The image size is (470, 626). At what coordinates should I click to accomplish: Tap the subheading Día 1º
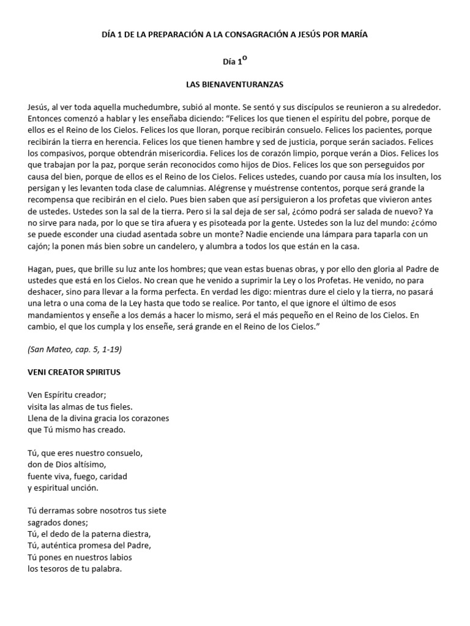tap(234, 61)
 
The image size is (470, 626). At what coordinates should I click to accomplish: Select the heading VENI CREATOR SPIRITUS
tap(78, 371)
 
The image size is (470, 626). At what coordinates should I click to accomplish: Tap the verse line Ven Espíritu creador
tap(71, 395)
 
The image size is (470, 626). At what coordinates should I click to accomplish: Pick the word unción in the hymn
tap(81, 488)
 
